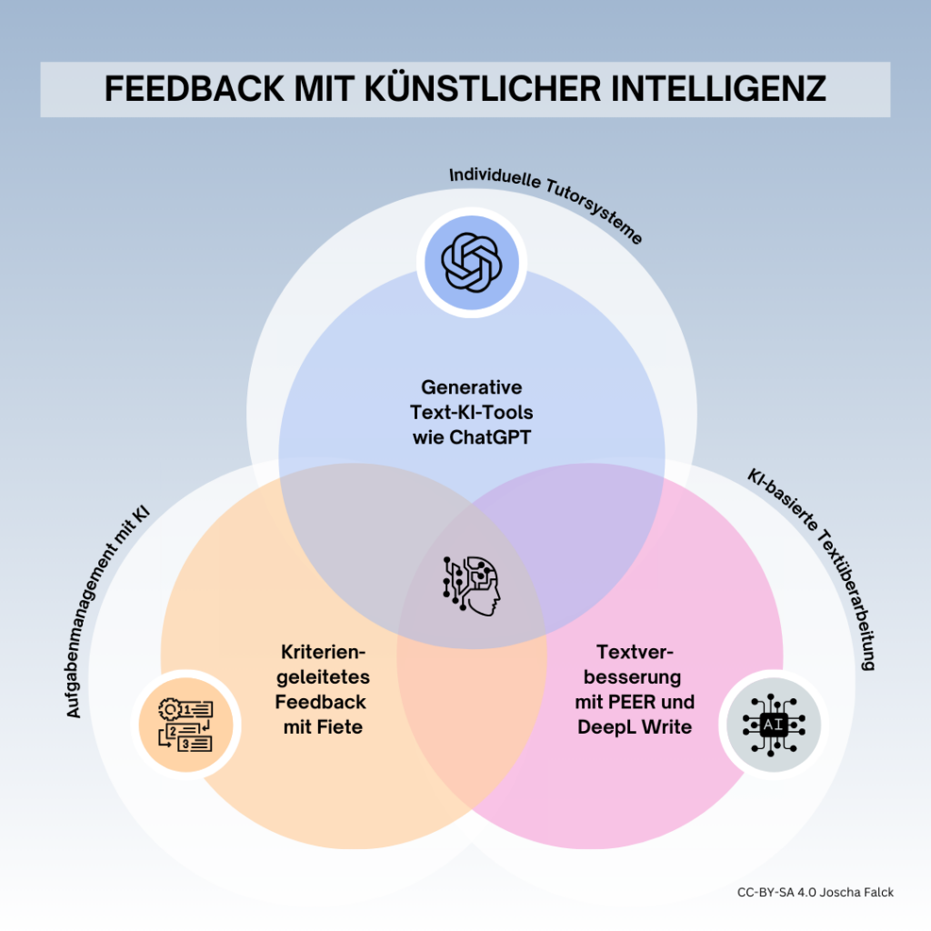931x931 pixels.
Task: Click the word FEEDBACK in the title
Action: tap(195, 89)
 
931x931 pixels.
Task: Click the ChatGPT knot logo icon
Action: tap(472, 263)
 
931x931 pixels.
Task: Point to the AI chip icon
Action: tap(773, 725)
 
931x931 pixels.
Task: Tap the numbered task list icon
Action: tap(185, 725)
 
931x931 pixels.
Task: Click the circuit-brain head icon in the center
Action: tap(472, 586)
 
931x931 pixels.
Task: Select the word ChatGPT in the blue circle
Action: tap(490, 437)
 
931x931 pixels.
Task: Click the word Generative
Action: tap(472, 387)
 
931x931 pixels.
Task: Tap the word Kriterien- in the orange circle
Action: tap(323, 652)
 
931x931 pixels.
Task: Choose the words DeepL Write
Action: tap(634, 726)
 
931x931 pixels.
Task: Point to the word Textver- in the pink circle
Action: tap(635, 652)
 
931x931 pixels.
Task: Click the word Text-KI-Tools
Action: tap(472, 412)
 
